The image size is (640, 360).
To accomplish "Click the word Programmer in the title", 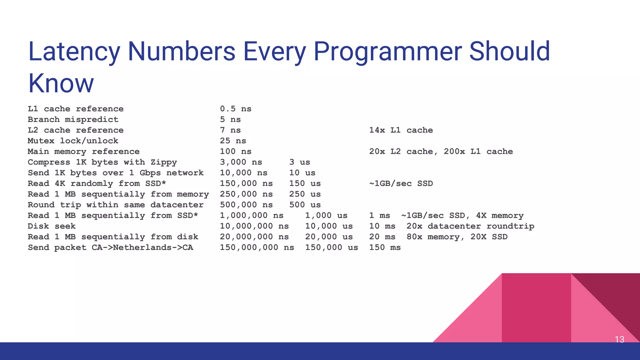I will click(387, 52).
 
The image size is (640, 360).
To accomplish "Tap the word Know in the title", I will click(61, 83).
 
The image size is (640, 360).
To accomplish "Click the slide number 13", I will click(619, 339).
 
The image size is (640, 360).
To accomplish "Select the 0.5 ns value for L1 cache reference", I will click(236, 109).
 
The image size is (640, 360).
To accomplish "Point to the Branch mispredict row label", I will click(73, 119).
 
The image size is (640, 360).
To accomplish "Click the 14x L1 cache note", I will click(401, 130).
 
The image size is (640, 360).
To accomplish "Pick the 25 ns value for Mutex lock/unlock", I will click(233, 141).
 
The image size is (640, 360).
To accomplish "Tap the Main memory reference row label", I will click(84, 152).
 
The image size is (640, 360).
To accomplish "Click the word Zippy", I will click(164, 162).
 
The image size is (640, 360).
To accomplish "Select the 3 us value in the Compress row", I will click(299, 162).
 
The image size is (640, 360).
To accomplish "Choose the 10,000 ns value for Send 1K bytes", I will click(243, 173).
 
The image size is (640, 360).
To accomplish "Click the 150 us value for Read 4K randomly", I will click(305, 183).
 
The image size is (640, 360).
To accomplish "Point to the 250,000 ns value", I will click(246, 194).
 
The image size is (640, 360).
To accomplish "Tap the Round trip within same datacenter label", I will click(116, 205).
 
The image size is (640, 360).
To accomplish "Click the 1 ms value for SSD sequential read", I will click(379, 215).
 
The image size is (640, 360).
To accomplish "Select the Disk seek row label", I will click(52, 226).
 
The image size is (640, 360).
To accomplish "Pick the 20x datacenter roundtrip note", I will click(470, 226).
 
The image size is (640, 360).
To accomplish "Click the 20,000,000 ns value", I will click(254, 237).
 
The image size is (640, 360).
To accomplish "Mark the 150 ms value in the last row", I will click(385, 247).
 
